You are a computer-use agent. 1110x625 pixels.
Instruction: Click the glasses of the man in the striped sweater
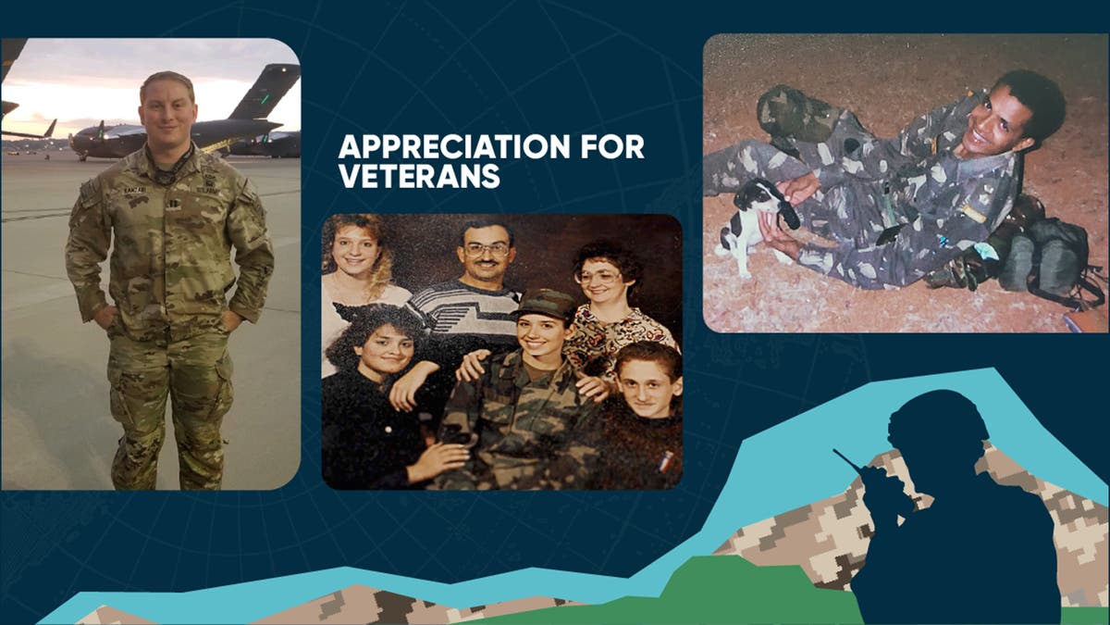pos(487,249)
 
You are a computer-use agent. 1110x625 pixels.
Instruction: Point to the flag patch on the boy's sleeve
pos(664,461)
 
